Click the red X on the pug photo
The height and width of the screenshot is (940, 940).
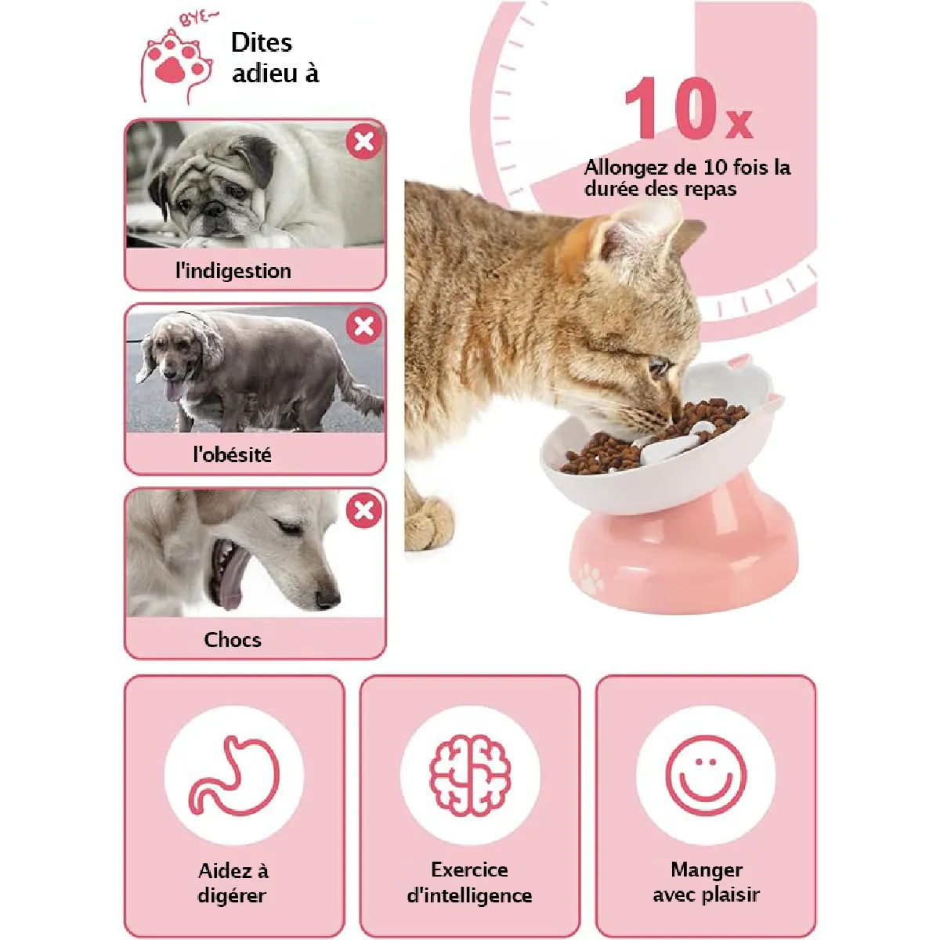click(363, 142)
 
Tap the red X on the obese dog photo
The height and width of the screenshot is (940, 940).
click(363, 326)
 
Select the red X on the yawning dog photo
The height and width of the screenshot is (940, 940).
click(363, 510)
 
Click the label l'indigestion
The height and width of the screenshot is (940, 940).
click(233, 271)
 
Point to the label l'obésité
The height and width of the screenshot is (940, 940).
click(232, 454)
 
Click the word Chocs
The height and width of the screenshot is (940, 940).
click(233, 639)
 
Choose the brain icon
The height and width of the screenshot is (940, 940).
click(470, 775)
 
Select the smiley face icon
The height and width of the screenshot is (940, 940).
click(706, 775)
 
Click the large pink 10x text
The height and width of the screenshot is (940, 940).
click(689, 108)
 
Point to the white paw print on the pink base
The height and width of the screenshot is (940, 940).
click(591, 579)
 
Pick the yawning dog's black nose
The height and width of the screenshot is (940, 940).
click(327, 598)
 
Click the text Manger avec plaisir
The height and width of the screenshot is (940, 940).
click(706, 882)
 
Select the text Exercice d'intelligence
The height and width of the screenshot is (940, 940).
click(469, 882)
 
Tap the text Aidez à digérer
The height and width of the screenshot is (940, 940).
click(233, 883)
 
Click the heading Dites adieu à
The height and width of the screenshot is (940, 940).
click(275, 57)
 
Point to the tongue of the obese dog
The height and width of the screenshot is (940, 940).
click(172, 390)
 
